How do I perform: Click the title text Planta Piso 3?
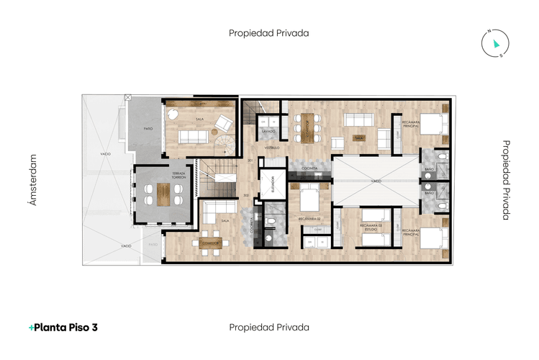click(63, 328)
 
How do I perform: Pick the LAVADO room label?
click(268, 132)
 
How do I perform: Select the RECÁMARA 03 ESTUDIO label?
click(371, 228)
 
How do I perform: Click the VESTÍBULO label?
click(271, 147)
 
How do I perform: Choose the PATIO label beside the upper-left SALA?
click(148, 129)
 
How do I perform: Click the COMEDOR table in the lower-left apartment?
click(211, 242)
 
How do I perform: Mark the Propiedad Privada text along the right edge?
click(506, 179)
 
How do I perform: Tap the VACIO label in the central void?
click(376, 181)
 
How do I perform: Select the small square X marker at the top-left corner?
click(128, 96)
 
